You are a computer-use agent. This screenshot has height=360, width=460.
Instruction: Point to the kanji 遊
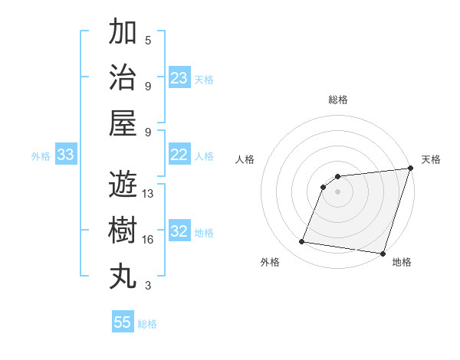click(x=123, y=185)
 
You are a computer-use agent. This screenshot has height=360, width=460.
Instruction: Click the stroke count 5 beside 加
click(x=148, y=41)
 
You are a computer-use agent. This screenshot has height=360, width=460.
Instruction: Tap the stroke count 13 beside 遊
click(x=148, y=194)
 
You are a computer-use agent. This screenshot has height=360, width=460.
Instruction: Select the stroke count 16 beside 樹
click(x=148, y=240)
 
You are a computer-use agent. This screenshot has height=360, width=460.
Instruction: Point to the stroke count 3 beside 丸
click(x=148, y=286)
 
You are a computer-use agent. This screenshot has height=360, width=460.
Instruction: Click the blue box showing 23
click(x=179, y=77)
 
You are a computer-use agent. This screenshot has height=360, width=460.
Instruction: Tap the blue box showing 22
click(x=179, y=155)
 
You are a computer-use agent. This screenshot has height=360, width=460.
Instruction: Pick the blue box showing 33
click(x=66, y=155)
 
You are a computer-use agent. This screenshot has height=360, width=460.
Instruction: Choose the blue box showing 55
click(x=123, y=322)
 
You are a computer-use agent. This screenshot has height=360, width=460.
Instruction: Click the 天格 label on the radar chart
click(x=431, y=159)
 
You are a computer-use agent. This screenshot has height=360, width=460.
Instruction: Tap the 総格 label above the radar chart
click(x=338, y=100)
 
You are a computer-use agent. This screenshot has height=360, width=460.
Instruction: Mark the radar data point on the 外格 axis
click(x=302, y=242)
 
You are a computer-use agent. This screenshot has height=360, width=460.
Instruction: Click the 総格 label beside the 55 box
click(x=147, y=324)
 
